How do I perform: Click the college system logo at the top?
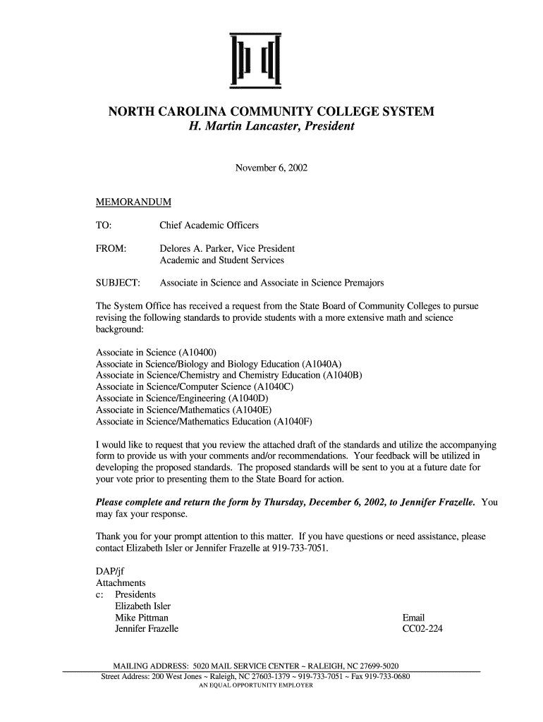click(x=256, y=61)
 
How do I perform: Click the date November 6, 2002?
click(x=271, y=169)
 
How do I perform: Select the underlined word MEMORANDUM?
click(x=133, y=203)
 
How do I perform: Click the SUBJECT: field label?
click(x=118, y=283)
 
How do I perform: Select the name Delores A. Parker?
click(x=195, y=249)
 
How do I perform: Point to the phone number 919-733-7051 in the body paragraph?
click(x=298, y=548)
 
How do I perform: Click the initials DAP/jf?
click(x=110, y=571)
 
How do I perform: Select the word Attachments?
click(x=121, y=583)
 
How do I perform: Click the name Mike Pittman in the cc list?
click(x=142, y=618)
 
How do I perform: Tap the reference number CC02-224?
click(x=422, y=629)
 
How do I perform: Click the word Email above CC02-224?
click(x=413, y=618)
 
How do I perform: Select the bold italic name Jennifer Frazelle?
click(x=437, y=503)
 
